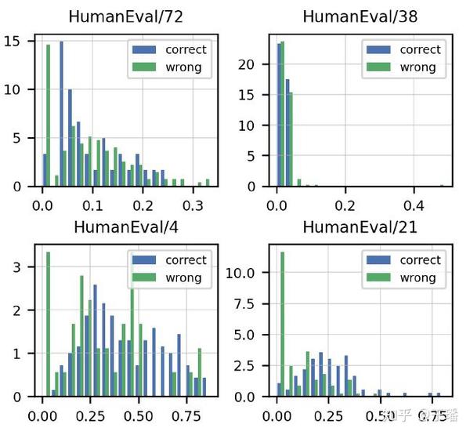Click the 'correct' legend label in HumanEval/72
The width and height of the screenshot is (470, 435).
coord(186,49)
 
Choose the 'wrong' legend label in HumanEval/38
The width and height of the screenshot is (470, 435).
coord(418,67)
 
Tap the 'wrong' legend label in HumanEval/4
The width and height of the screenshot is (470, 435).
coord(183,277)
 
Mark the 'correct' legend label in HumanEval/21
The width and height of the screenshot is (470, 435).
coord(421,260)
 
